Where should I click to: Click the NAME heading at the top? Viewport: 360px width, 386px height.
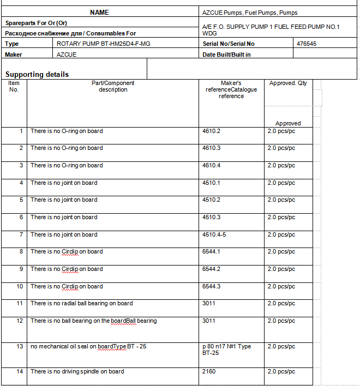(x=99, y=13)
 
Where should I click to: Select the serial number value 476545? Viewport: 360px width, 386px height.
(x=307, y=44)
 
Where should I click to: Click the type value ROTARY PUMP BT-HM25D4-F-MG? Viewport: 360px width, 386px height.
(x=103, y=44)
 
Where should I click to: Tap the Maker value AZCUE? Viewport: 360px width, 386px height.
(x=67, y=55)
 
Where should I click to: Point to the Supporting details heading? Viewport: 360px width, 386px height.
(x=37, y=74)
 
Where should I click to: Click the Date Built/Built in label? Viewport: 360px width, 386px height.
(x=226, y=55)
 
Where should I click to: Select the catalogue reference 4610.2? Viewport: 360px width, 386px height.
(x=211, y=131)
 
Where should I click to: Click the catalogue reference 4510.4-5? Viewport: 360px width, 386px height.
(x=214, y=234)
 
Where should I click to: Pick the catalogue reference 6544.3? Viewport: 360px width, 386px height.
(x=211, y=286)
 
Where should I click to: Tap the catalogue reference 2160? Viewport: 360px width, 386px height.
(x=209, y=372)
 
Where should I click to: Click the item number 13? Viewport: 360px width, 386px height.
(x=20, y=346)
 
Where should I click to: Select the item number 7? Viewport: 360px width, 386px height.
(x=21, y=234)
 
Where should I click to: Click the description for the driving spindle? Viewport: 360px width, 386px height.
(x=77, y=372)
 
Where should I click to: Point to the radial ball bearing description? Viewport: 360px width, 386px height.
(x=81, y=303)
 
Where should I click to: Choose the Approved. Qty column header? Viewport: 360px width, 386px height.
(x=288, y=83)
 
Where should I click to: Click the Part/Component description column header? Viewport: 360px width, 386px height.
(x=113, y=86)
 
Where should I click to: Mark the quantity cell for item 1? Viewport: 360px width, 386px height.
(x=281, y=131)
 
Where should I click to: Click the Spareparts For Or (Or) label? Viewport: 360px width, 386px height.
(x=36, y=23)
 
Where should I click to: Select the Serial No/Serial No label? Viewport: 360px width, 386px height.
(x=229, y=44)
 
